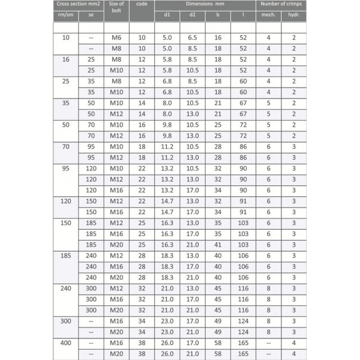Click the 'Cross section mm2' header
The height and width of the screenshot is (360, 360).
(79, 4)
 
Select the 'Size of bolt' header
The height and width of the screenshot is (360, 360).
(116, 8)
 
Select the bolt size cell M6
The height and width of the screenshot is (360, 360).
(116, 38)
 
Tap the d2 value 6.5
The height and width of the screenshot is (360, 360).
(192, 38)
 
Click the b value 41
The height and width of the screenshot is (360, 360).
(218, 245)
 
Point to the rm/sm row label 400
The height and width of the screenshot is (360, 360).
(66, 343)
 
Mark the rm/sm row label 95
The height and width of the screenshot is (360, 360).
(66, 169)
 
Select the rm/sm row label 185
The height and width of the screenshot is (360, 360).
(66, 256)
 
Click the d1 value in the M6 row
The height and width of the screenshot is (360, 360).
(167, 38)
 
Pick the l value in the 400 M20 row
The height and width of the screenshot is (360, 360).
(243, 353)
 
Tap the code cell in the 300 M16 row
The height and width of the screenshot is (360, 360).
(142, 321)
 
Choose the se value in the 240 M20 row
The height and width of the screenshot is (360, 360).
(91, 310)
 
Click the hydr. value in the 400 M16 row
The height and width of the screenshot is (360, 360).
(293, 343)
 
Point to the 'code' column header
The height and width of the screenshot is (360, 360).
(142, 4)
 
